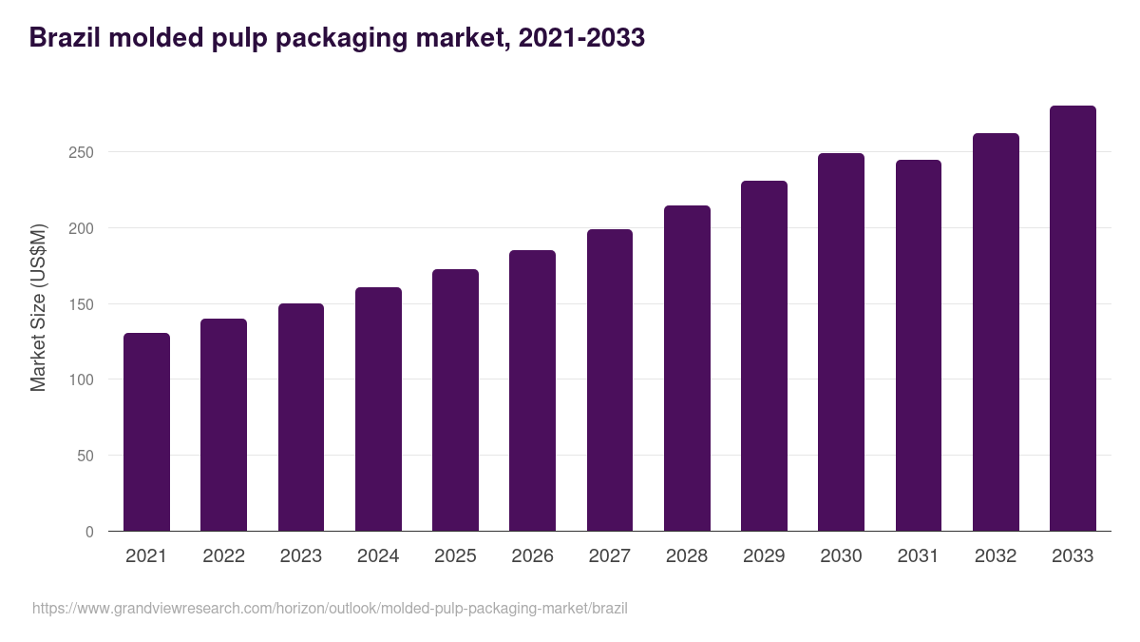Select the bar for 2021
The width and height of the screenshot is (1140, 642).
[146, 432]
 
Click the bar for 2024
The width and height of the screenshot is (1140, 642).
[378, 409]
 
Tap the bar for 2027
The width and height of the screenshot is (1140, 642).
[610, 380]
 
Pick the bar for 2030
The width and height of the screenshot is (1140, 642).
[841, 342]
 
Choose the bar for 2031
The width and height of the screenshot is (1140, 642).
[919, 345]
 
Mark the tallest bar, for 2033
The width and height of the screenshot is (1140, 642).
[1073, 319]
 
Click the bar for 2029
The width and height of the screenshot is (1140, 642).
[764, 356]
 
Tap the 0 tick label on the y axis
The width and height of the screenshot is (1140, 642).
[89, 532]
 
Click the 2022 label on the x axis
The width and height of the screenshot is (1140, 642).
[223, 556]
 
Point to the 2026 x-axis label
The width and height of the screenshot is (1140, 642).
[532, 556]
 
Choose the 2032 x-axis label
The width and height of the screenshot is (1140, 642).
[996, 556]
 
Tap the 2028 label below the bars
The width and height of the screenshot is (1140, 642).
[687, 556]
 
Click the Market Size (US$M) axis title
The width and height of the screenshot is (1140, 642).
[38, 307]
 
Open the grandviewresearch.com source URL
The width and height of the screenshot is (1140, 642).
[330, 608]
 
